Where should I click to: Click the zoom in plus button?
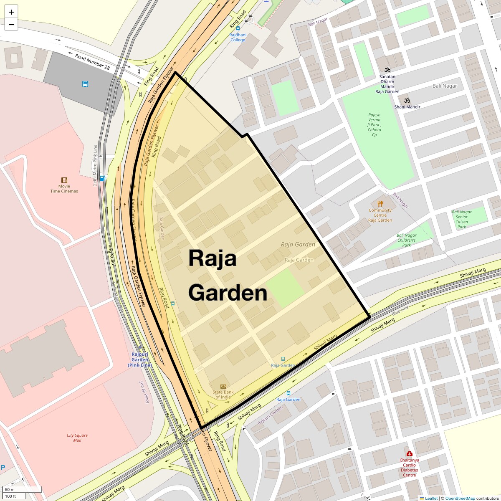click(x=11, y=12)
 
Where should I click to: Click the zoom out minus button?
click(x=11, y=25)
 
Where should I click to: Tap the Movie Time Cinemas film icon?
click(x=64, y=180)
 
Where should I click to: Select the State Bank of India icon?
click(x=223, y=386)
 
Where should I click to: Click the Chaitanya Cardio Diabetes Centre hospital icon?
click(x=409, y=453)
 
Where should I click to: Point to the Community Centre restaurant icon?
click(x=380, y=204)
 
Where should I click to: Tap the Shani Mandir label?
click(x=407, y=107)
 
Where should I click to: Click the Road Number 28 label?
click(x=93, y=62)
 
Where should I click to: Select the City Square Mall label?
click(x=77, y=438)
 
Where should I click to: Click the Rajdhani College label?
click(x=238, y=37)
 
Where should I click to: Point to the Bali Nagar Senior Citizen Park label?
click(x=461, y=219)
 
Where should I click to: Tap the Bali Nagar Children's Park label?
click(x=406, y=240)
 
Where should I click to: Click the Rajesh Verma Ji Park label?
click(x=374, y=124)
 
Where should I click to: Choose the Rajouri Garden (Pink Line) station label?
click(x=140, y=360)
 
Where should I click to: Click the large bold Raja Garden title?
click(x=228, y=276)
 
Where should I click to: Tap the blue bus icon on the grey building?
click(x=85, y=84)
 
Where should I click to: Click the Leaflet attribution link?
click(x=431, y=498)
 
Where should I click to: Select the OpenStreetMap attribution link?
click(x=460, y=498)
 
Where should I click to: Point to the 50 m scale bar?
click(x=23, y=490)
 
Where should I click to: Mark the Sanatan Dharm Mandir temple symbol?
click(x=387, y=70)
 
